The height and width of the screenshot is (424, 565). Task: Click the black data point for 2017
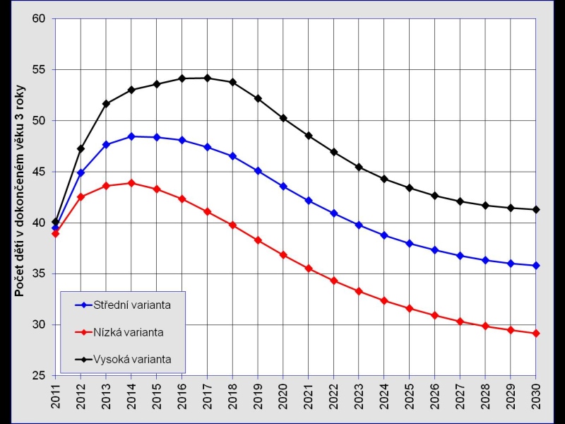(207, 78)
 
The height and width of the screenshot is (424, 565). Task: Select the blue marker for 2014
(131, 136)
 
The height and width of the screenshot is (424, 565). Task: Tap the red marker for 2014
(131, 183)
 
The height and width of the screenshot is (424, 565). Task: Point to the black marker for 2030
(535, 210)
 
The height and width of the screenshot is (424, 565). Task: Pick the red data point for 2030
(535, 334)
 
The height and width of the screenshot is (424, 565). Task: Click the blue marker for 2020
(283, 187)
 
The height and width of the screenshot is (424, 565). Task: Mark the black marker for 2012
(81, 149)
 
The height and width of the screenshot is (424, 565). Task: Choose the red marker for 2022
(333, 281)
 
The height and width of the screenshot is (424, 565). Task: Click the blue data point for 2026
(434, 250)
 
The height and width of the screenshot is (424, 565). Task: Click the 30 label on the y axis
(42, 324)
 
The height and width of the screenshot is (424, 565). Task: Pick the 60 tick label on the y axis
(42, 18)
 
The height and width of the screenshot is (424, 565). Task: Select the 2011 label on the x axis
(56, 393)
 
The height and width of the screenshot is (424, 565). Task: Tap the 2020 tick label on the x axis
(283, 393)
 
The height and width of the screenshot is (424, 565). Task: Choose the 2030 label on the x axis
(535, 393)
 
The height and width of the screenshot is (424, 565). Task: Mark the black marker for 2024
(384, 179)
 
